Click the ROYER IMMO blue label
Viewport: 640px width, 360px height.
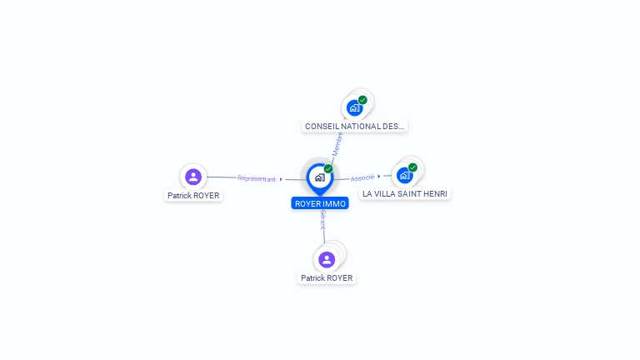tap(320, 203)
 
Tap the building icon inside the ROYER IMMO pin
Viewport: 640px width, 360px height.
tap(319, 177)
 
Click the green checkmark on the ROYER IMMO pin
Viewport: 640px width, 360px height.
tap(328, 169)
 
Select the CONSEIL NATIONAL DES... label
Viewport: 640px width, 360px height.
tap(355, 127)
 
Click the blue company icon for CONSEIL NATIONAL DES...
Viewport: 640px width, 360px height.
tap(354, 107)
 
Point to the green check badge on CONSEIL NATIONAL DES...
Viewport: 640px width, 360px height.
tap(362, 100)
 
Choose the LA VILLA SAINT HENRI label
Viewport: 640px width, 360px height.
tap(405, 193)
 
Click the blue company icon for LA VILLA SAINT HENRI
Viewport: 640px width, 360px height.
tap(404, 175)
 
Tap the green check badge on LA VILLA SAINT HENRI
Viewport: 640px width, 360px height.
tap(412, 167)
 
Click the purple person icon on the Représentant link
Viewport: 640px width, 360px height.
tap(193, 177)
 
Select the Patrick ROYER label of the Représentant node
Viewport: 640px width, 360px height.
tap(194, 196)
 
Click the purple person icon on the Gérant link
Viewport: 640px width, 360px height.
tap(327, 259)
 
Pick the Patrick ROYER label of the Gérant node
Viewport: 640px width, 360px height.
tap(327, 278)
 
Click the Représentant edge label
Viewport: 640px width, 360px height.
tap(256, 178)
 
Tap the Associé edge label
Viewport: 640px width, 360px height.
tap(362, 177)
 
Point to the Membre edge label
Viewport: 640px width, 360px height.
tap(337, 143)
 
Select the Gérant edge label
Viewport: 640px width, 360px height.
tap(322, 220)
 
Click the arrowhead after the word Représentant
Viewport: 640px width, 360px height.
tap(282, 179)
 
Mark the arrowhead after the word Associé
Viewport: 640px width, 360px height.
tap(379, 176)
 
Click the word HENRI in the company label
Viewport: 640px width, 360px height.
tap(436, 193)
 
